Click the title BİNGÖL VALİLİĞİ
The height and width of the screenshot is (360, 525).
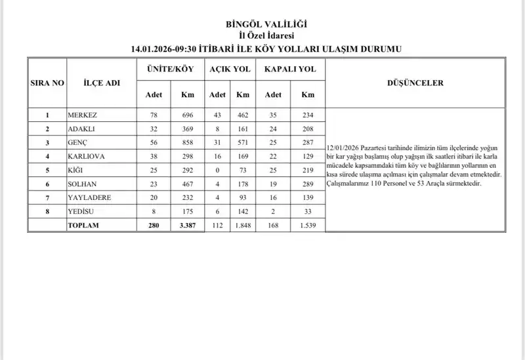point(266,24)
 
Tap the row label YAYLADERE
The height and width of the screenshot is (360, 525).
point(89,197)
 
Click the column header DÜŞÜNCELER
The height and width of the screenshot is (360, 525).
point(415,83)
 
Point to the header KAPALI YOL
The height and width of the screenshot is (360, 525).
point(289,69)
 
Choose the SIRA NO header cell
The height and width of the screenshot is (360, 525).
point(47,83)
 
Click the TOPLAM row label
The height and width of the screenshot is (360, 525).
point(83,225)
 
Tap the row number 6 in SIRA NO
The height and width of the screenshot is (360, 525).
point(47,184)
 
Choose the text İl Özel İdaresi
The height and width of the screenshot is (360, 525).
point(266,35)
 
